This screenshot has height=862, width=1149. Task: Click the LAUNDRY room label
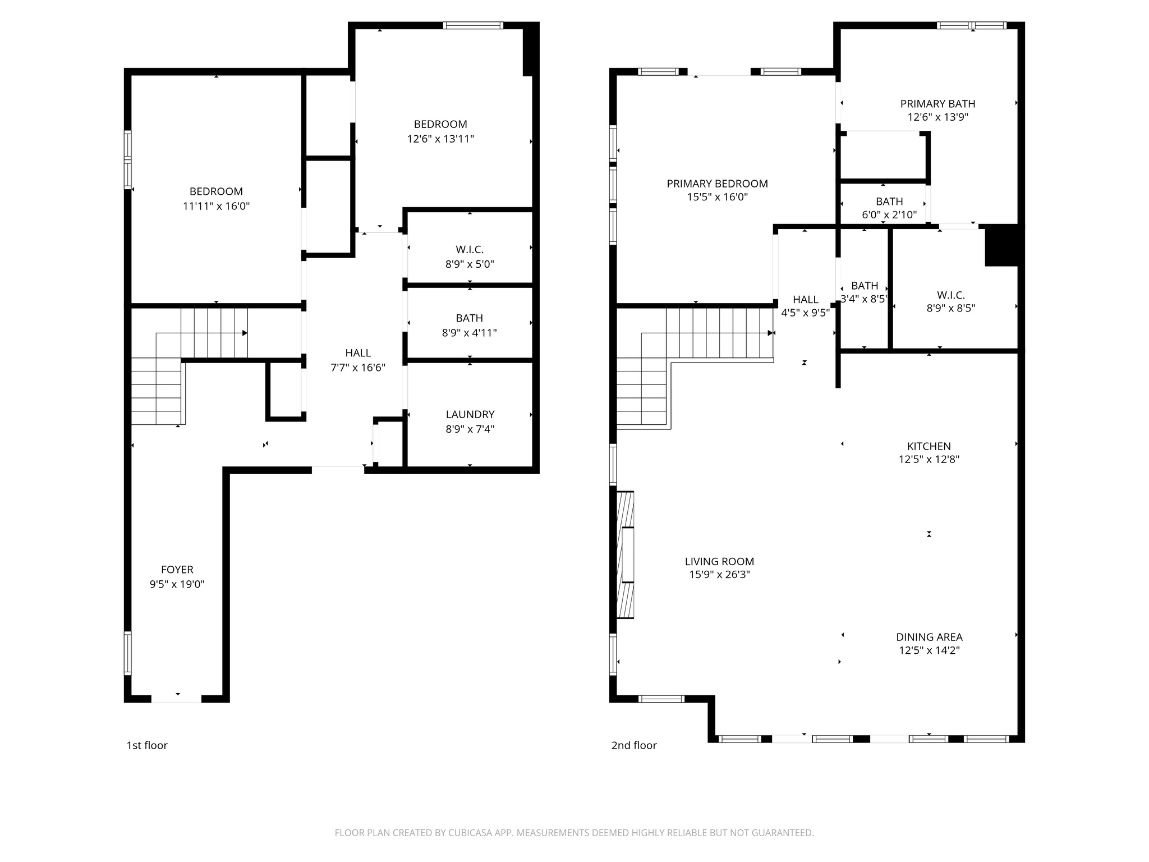pos(470,414)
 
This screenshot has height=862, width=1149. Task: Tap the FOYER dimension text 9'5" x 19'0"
pos(177,584)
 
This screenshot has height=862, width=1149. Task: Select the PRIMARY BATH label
pos(937,104)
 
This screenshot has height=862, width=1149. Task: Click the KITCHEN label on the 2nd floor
pos(929,446)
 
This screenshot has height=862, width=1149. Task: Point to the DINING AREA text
pos(929,637)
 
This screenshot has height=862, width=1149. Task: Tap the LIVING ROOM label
pos(719,561)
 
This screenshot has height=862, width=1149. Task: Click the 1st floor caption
pos(147,745)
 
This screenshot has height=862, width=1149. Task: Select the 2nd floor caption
pos(634,745)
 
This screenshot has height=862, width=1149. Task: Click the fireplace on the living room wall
pos(625,555)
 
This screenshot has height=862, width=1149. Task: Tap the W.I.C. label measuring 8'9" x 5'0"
pos(470,249)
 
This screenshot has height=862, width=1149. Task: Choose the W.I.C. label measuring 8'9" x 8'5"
pos(950,295)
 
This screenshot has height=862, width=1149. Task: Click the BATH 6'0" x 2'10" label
pos(889,201)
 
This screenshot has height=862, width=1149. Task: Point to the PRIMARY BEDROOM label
pos(717,184)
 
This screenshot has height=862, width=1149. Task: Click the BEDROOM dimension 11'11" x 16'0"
pos(216,206)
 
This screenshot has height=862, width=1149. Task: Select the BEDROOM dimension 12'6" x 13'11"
pos(440,139)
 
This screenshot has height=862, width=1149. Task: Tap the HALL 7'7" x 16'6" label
pos(358,353)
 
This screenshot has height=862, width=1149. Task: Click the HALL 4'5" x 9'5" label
pos(805,300)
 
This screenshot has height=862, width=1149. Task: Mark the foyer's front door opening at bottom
pos(177,698)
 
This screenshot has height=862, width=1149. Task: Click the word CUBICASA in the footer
pos(470,833)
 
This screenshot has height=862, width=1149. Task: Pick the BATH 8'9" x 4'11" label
pos(469,318)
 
